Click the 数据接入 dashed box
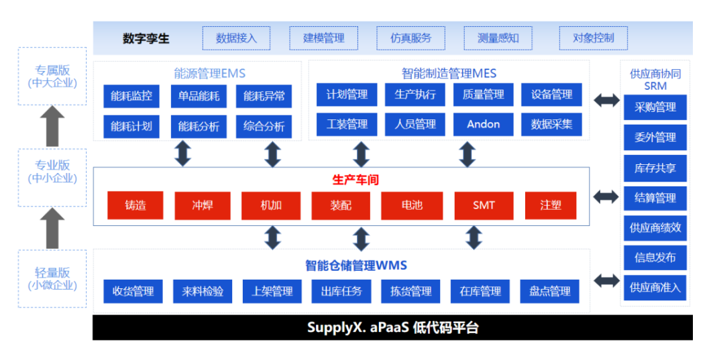click(x=236, y=38)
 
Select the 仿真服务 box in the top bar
click(x=411, y=38)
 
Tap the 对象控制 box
click(x=593, y=38)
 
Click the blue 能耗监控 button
click(x=131, y=96)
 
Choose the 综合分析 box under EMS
click(x=264, y=126)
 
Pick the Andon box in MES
click(x=483, y=124)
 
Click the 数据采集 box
click(x=551, y=124)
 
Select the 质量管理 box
click(x=483, y=95)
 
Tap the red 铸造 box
click(x=135, y=205)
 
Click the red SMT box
click(x=484, y=205)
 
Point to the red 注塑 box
click(x=551, y=205)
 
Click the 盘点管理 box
click(x=550, y=291)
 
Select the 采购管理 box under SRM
click(x=655, y=107)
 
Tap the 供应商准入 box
click(x=655, y=288)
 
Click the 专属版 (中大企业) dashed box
click(x=52, y=76)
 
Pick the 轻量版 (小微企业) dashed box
click(x=52, y=279)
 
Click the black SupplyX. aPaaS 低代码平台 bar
click(x=392, y=328)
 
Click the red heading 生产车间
click(x=355, y=180)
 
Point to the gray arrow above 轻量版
click(x=52, y=229)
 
